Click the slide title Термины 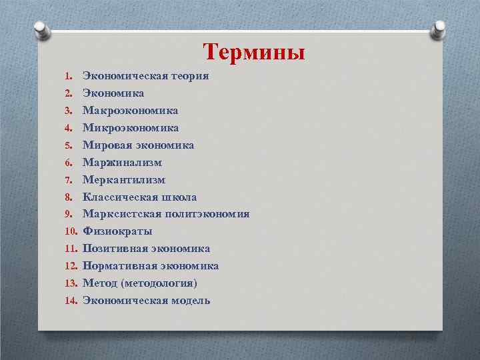[x=254, y=51]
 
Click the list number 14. [x=72, y=301]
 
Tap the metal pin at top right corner [x=439, y=28]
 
